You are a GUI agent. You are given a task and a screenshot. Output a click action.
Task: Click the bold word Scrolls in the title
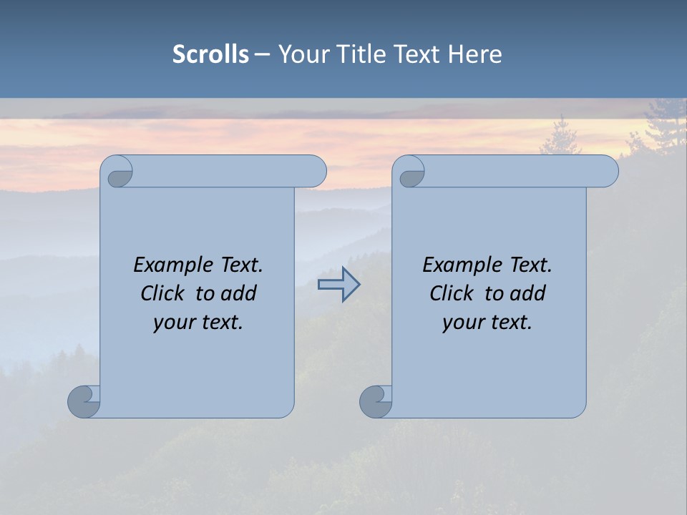[x=210, y=54]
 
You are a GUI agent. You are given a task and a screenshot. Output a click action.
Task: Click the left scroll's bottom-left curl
[x=84, y=401]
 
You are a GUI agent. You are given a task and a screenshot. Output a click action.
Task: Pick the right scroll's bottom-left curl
[x=376, y=401]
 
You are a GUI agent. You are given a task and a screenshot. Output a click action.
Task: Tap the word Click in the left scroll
[x=162, y=293]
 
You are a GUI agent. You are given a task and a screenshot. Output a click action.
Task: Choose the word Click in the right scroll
[x=451, y=293]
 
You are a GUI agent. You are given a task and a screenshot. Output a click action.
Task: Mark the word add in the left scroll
[x=239, y=293]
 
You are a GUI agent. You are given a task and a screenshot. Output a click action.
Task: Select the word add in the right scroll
[x=528, y=293]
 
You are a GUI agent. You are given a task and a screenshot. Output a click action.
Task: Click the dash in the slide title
[x=262, y=54]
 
